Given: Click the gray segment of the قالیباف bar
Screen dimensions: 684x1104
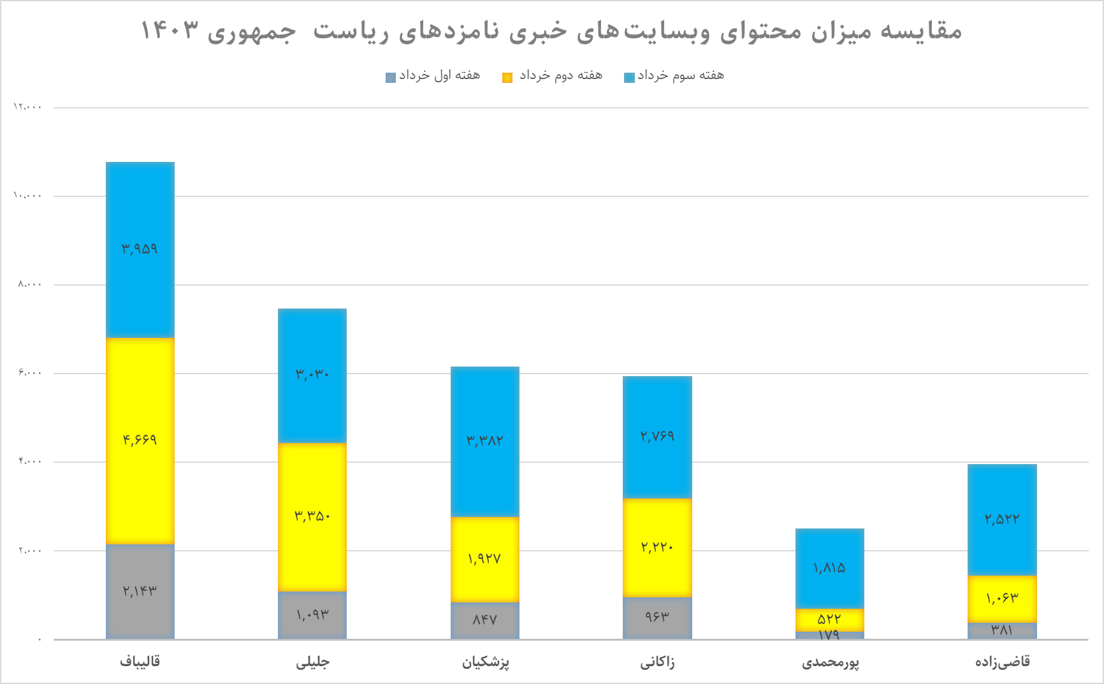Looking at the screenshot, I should (140, 591).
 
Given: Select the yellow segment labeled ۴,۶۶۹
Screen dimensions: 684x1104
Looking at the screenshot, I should (140, 440).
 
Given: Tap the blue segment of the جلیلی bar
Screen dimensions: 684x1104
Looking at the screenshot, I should (312, 375).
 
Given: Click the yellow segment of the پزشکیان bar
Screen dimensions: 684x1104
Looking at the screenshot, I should (484, 559).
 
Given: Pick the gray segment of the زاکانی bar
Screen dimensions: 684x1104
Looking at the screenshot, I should (657, 617).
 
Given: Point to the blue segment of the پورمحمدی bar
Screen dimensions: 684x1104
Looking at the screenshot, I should (829, 567).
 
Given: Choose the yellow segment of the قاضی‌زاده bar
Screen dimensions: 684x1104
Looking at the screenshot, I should (1002, 599).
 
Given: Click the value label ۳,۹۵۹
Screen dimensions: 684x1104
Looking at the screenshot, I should (140, 249).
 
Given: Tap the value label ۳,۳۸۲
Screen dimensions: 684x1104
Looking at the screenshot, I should (484, 440).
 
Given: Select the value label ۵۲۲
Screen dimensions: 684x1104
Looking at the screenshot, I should (829, 619).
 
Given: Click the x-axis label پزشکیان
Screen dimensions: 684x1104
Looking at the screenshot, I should (485, 662).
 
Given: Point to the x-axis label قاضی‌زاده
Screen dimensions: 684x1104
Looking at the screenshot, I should (1002, 662).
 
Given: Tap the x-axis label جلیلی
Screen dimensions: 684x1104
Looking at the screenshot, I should (312, 662).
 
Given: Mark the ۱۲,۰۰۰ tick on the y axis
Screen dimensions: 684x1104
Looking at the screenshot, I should (27, 107).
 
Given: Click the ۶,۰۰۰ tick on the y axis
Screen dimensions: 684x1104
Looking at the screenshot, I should (29, 373).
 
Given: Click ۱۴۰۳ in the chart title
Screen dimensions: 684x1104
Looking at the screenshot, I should (169, 31).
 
